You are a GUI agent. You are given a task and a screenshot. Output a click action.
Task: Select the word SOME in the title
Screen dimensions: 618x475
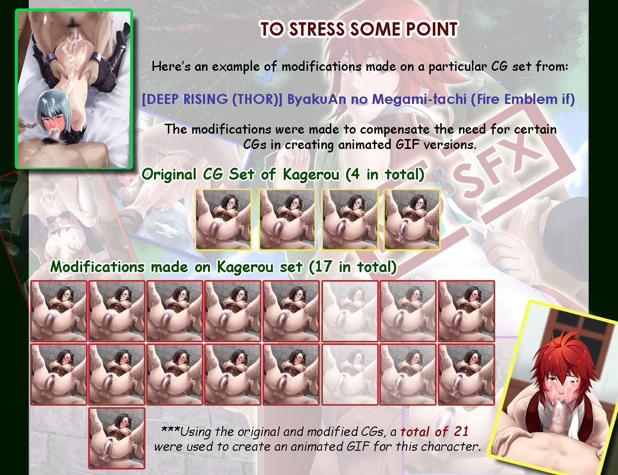pos(375,29)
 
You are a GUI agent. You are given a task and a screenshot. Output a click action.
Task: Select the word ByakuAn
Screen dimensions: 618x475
pos(317,99)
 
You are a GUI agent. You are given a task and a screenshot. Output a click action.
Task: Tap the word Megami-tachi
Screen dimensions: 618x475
pos(419,99)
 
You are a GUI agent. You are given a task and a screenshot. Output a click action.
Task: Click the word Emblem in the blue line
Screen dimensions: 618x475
pos(531,99)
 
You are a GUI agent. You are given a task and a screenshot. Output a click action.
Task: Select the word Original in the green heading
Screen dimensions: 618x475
pos(169,174)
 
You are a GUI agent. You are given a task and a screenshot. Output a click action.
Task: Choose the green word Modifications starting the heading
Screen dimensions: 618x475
pos(97,267)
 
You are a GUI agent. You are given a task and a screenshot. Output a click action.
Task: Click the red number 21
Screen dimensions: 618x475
pos(461,431)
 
